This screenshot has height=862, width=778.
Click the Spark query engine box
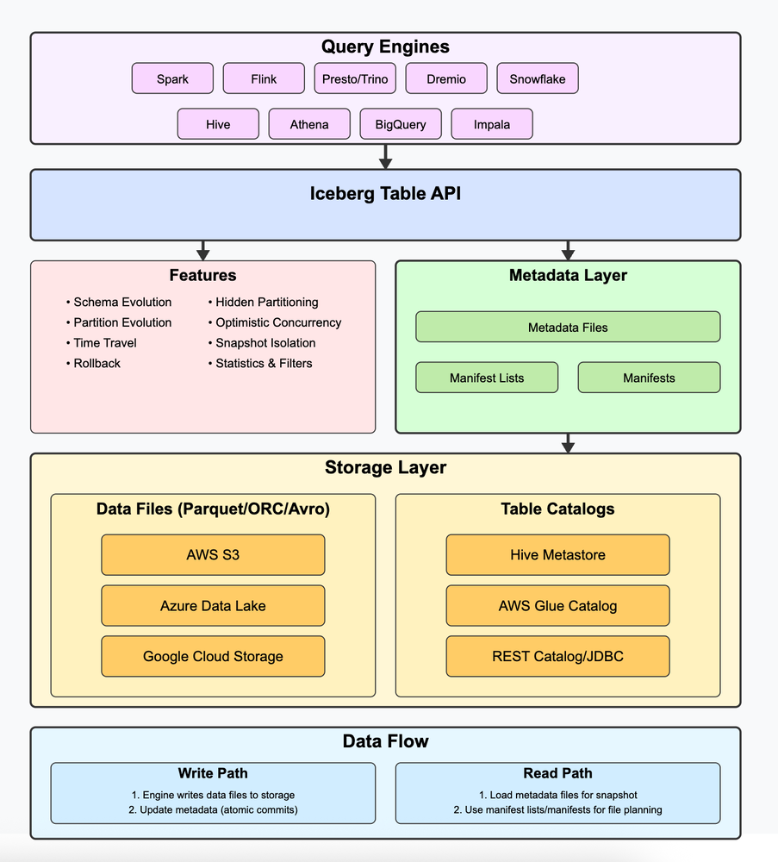172,78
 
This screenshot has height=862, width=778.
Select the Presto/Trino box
355,78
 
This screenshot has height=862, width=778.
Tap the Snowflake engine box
538,78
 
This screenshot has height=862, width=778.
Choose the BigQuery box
401,124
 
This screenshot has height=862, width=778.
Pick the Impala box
492,124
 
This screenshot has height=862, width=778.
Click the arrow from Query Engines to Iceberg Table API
386,157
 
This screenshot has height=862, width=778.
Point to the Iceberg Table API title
385,194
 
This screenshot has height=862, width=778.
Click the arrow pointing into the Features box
203,250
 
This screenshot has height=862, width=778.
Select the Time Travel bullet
105,343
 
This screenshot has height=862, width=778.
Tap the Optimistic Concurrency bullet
277,322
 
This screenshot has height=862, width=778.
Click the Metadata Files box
568,328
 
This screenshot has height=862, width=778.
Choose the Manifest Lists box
487,378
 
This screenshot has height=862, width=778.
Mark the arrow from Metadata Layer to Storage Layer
568,443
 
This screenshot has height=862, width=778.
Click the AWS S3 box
213,555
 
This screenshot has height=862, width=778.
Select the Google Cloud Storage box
213,657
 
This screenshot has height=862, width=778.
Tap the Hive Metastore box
557,555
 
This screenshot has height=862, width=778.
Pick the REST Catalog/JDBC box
557,657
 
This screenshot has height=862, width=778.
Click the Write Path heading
213,773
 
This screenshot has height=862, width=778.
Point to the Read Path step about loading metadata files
557,795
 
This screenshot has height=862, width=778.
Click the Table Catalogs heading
557,509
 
